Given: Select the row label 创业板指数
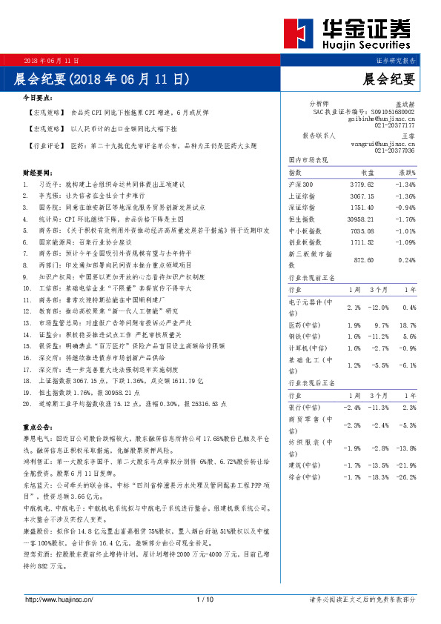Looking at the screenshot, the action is [305, 242].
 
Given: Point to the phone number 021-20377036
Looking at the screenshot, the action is [394, 150].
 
